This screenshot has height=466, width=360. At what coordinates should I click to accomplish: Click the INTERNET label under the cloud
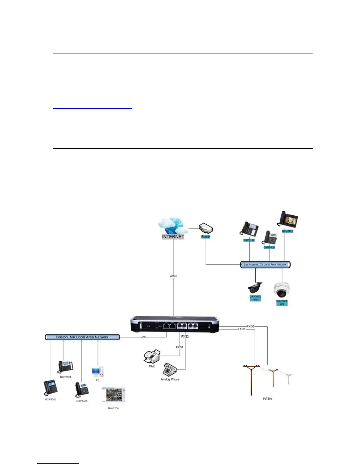173,237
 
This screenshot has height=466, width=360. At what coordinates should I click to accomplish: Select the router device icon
206,228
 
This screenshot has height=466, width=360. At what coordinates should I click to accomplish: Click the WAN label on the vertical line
173,276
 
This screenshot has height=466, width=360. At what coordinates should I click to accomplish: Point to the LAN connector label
144,337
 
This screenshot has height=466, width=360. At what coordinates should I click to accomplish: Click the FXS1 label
180,347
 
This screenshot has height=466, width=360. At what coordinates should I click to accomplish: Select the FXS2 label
185,336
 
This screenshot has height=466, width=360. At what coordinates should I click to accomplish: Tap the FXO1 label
241,329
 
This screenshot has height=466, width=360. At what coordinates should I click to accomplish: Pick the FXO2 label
251,326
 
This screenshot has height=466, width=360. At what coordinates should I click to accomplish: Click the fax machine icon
152,357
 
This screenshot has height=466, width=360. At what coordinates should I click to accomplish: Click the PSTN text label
267,399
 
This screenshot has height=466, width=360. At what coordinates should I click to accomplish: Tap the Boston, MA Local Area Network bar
82,337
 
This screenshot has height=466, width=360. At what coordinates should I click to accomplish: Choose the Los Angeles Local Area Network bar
265,264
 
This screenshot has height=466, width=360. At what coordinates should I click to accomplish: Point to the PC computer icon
98,372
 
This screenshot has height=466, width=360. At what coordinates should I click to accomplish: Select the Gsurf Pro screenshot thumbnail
113,395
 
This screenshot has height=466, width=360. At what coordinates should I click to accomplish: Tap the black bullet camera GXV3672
255,288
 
